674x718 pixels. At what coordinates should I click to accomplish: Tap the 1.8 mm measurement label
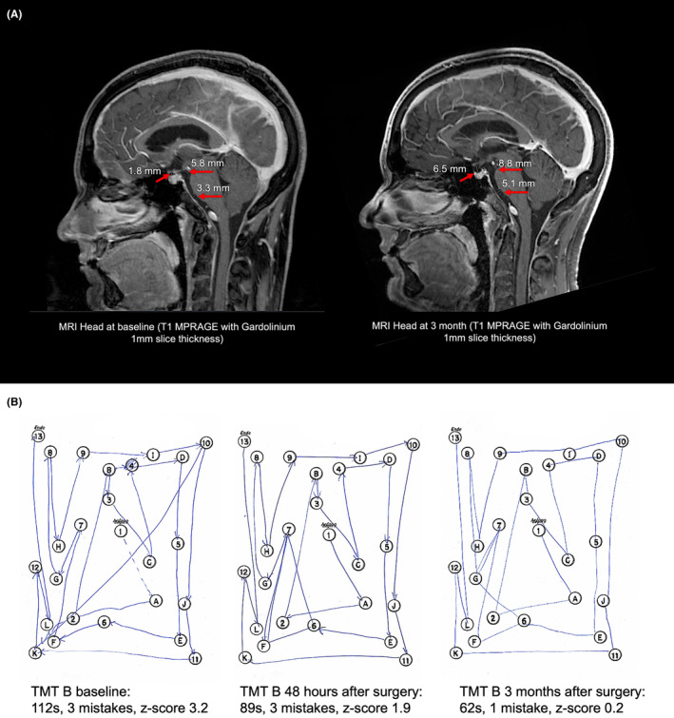click(143, 171)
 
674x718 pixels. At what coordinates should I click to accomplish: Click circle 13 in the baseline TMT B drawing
click(39, 437)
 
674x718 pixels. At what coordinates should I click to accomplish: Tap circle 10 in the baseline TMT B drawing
click(205, 443)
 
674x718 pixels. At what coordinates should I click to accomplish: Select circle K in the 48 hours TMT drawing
click(245, 657)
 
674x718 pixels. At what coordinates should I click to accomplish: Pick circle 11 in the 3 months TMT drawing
click(616, 655)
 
